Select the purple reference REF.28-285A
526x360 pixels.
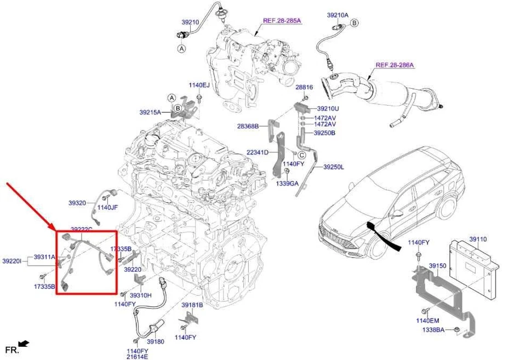click(x=282, y=21)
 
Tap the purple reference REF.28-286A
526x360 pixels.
click(x=395, y=65)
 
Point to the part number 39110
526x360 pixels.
click(x=477, y=239)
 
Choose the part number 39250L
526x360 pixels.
click(x=333, y=167)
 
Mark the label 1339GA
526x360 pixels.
click(x=287, y=184)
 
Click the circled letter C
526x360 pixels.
click(x=302, y=155)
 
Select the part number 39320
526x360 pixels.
click(x=77, y=203)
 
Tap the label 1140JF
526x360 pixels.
click(x=107, y=207)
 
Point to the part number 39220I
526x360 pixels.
click(x=12, y=261)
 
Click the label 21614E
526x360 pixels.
click(x=138, y=357)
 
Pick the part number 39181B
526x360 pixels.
click(x=192, y=305)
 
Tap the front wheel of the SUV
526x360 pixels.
click(x=378, y=248)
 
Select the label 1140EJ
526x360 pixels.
click(x=199, y=85)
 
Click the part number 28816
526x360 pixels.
click(x=304, y=87)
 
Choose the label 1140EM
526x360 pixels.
click(x=427, y=321)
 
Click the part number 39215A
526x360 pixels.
click(x=150, y=112)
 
